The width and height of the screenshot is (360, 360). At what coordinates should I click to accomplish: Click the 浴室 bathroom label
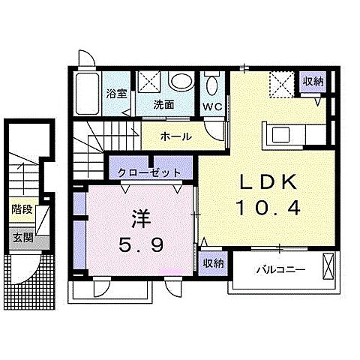pos(116,94)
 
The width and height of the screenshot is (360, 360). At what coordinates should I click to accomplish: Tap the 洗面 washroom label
pos(163,105)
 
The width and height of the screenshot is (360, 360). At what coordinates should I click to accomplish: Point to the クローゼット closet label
pos(150,172)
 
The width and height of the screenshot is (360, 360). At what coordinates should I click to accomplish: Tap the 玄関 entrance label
pos(22,238)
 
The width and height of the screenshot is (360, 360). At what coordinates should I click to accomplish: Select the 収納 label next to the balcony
pos(214,263)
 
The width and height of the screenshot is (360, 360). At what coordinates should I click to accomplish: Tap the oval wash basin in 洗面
pos(179,80)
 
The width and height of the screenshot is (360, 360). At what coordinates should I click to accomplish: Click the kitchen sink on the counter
pos(284,135)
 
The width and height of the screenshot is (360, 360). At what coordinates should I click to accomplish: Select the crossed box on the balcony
pos(328,268)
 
